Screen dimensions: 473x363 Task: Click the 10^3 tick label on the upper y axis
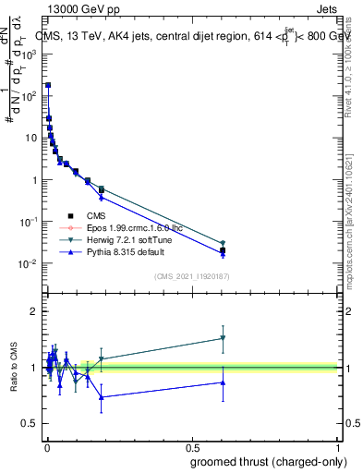pyautogui.click(x=30, y=55)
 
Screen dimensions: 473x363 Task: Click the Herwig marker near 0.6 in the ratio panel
pyautogui.click(x=223, y=338)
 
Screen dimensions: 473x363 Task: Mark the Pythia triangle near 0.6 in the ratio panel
pyautogui.click(x=223, y=382)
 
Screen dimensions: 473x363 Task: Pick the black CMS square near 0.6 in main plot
pyautogui.click(x=223, y=250)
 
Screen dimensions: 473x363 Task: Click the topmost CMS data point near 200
pyautogui.click(x=47, y=85)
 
